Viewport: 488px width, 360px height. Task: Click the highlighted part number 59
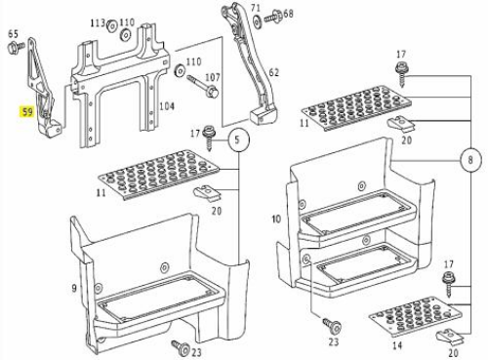pyautogui.click(x=27, y=112)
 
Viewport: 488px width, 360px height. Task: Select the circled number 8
pyautogui.click(x=470, y=160)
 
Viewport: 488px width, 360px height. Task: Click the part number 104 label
pyautogui.click(x=167, y=106)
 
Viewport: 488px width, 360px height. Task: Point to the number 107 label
pyautogui.click(x=213, y=77)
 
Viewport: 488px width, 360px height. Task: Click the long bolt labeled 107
pyautogui.click(x=202, y=86)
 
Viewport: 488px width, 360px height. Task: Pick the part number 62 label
pyautogui.click(x=273, y=72)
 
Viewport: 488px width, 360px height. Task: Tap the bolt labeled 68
pyautogui.click(x=272, y=17)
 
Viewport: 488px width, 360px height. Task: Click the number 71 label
pyautogui.click(x=256, y=7)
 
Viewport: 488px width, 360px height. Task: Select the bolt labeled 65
pyautogui.click(x=16, y=48)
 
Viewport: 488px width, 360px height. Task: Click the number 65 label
pyautogui.click(x=13, y=34)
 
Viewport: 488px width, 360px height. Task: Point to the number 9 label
pyautogui.click(x=74, y=288)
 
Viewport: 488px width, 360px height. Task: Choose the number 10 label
pyautogui.click(x=276, y=219)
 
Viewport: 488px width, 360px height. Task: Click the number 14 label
pyautogui.click(x=397, y=345)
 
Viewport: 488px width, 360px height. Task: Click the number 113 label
pyautogui.click(x=98, y=22)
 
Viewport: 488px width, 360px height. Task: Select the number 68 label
pyautogui.click(x=288, y=14)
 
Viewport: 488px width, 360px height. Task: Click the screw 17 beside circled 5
pyautogui.click(x=208, y=139)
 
